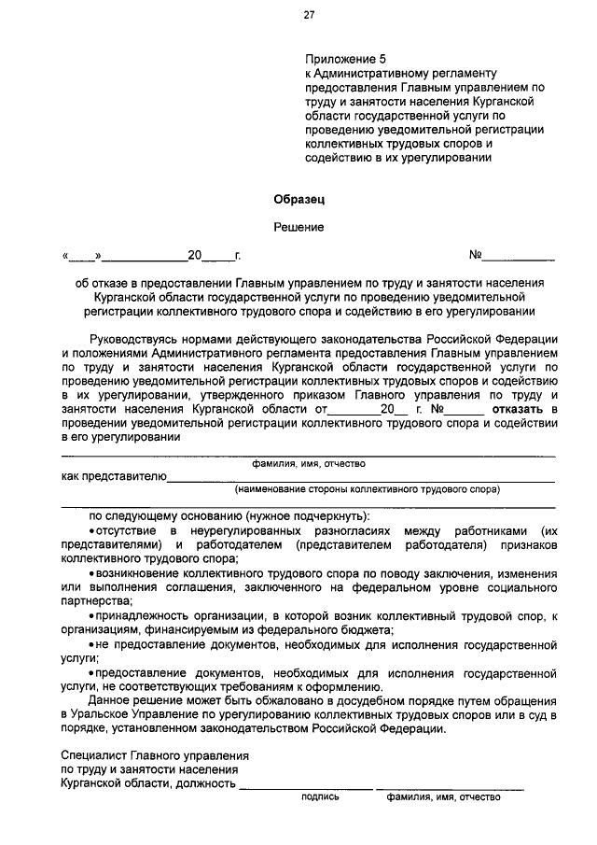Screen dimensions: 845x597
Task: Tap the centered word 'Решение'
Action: [299, 227]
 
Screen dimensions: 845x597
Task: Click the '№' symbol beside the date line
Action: [475, 254]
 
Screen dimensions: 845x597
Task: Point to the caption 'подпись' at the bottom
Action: [320, 796]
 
